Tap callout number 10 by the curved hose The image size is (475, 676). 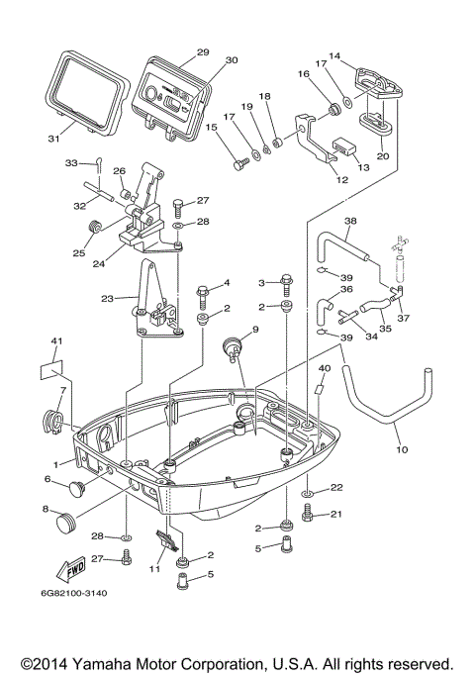click(402, 451)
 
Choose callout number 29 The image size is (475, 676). click(202, 51)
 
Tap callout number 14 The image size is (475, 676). click(333, 56)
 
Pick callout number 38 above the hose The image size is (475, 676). click(349, 220)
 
